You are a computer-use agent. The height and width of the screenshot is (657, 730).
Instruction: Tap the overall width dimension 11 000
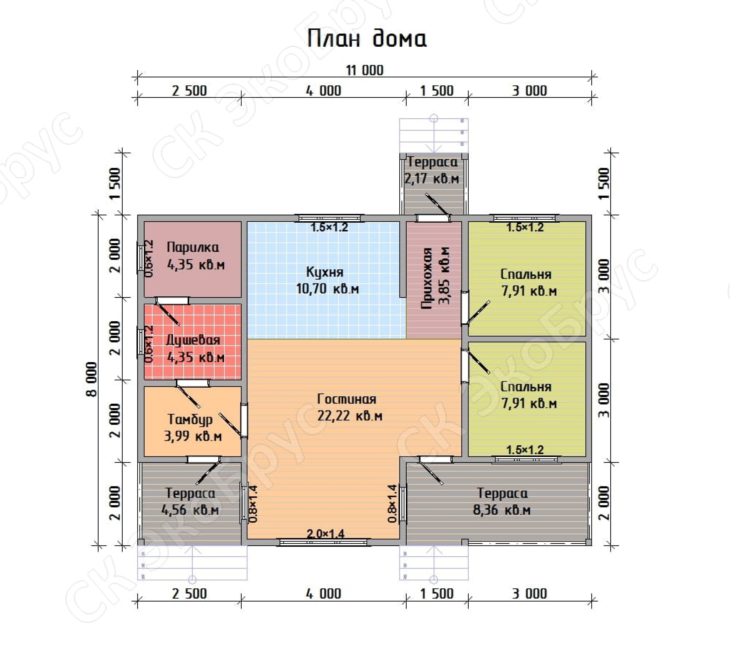[x=365, y=70]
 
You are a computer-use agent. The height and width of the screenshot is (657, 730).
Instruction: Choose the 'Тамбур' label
[x=190, y=420]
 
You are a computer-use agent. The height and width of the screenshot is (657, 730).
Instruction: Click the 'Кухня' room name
[x=325, y=272]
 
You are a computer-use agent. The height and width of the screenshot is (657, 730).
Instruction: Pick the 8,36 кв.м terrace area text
[x=502, y=510]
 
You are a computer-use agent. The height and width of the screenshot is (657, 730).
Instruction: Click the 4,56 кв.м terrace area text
[x=190, y=510]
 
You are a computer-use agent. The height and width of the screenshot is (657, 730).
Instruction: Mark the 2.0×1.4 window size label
[x=326, y=534]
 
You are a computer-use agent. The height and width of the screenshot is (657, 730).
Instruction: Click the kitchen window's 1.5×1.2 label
[x=329, y=228]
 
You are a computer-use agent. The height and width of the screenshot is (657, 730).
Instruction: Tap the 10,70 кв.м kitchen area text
[x=328, y=289]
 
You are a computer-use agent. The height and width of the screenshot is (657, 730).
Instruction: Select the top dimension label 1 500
[x=437, y=91]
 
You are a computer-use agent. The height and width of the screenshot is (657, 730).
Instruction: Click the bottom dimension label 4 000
[x=323, y=594]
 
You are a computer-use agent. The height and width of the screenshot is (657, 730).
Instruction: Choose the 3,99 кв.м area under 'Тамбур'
[x=193, y=437]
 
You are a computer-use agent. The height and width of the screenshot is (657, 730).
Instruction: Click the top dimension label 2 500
[x=190, y=91]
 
